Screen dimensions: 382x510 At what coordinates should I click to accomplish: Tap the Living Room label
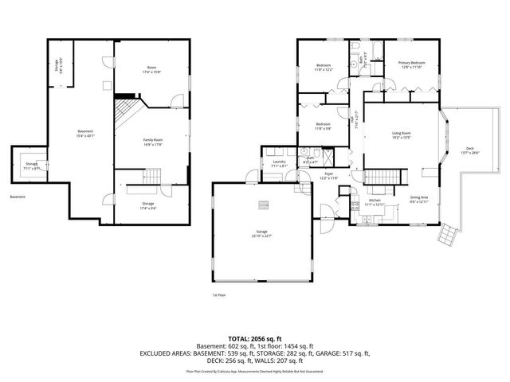coord(400,134)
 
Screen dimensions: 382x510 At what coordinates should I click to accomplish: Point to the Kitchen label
coord(375,202)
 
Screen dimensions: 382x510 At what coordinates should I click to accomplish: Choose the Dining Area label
coord(418,199)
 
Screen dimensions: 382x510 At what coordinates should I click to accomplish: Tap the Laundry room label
coord(278,164)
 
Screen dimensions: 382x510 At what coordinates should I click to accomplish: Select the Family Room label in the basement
coord(153,142)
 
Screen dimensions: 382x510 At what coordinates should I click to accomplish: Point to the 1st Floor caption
coord(219,294)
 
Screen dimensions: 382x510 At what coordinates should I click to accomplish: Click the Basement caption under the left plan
coord(18,197)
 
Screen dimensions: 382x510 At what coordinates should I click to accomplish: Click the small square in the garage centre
coord(261,206)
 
